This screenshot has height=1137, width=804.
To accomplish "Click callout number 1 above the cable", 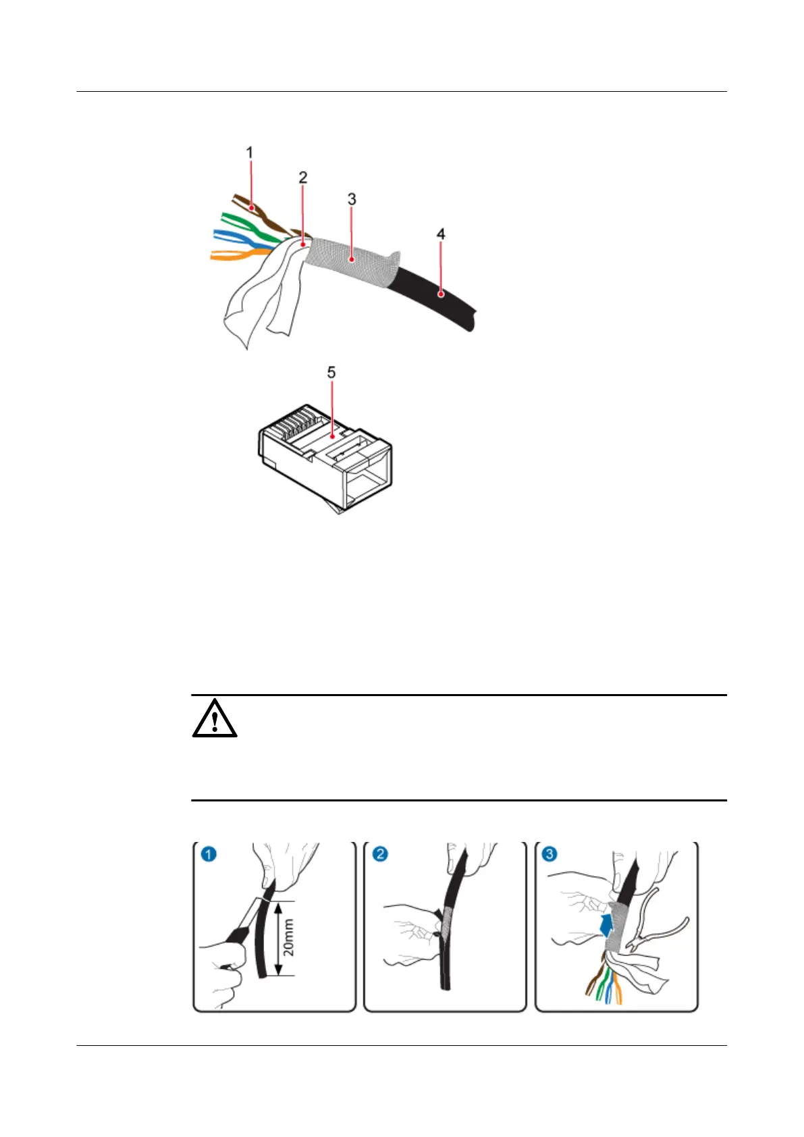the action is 250,153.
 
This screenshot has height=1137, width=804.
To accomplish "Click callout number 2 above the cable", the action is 303,177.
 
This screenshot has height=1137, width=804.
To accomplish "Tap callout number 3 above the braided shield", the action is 352,199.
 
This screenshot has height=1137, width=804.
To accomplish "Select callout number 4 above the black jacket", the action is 441,234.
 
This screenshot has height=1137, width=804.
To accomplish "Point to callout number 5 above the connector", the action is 331,372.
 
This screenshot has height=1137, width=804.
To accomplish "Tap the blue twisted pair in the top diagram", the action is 233,236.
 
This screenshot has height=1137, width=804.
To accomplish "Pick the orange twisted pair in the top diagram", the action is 233,255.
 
